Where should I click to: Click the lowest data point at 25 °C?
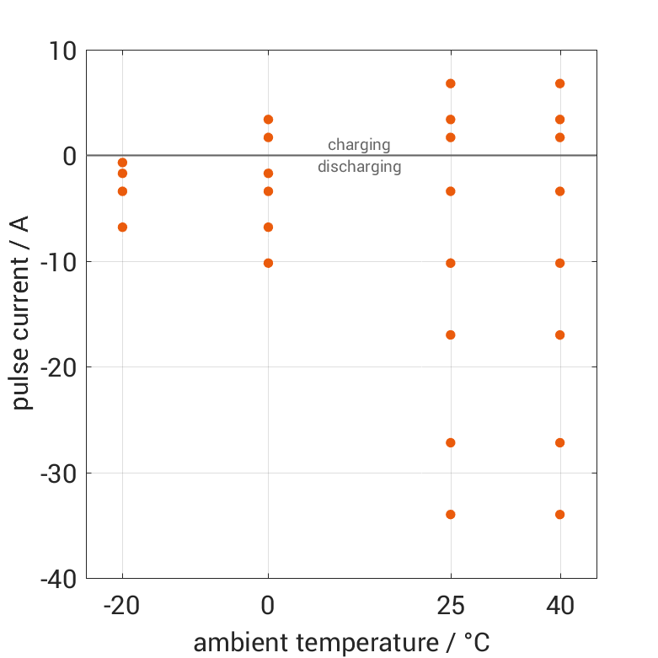point(451,514)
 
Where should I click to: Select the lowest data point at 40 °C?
point(559,514)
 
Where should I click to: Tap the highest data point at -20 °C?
point(122,163)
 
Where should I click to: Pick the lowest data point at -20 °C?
point(122,227)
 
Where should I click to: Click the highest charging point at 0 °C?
point(268,120)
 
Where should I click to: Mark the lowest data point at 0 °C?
point(268,263)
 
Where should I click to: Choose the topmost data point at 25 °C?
point(451,83)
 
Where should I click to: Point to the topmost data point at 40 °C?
point(559,83)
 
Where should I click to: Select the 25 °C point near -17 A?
point(451,334)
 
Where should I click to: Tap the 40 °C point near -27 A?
point(559,442)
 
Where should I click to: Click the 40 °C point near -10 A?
point(559,263)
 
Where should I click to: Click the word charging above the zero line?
point(359,145)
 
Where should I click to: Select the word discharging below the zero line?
point(359,167)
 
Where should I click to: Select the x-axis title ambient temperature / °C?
point(341,643)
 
